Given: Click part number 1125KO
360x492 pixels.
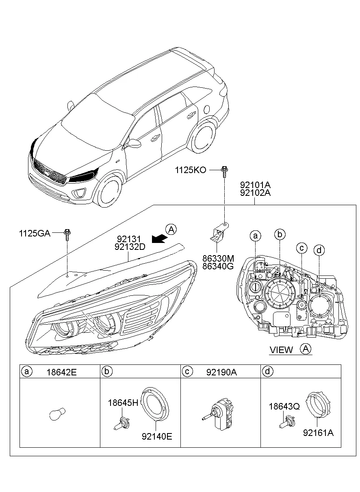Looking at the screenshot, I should [191, 170].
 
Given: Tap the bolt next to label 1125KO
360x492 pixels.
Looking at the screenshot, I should [224, 171].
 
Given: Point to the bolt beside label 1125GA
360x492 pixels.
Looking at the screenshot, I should [67, 234].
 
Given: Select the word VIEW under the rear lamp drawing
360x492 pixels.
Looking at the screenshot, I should [281, 350].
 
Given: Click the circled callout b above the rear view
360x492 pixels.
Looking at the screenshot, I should [280, 234].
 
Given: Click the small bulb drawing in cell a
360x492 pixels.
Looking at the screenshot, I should [55, 414].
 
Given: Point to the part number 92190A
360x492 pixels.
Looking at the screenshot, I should [221, 372].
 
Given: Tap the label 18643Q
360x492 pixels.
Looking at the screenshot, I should [284, 406].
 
